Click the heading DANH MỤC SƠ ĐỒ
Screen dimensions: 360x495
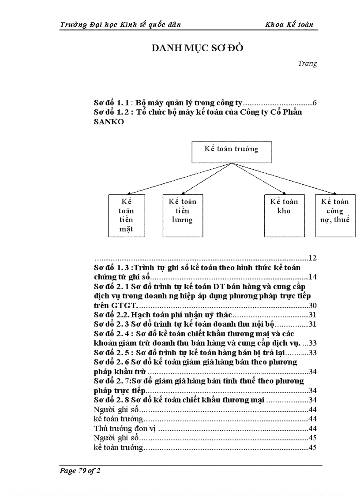197,48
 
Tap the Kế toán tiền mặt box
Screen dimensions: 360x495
126,216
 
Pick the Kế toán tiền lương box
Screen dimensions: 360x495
182,211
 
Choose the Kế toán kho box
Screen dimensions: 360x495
284,211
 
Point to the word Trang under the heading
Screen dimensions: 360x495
307,63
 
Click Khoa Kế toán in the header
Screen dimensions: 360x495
289,25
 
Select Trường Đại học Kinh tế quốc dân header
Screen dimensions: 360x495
120,25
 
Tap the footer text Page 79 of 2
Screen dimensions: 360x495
80,471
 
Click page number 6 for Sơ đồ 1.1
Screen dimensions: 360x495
315,103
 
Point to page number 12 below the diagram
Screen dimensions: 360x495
312,258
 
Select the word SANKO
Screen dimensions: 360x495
109,122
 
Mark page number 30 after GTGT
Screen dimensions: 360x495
312,305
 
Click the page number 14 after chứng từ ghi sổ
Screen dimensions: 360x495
312,277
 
